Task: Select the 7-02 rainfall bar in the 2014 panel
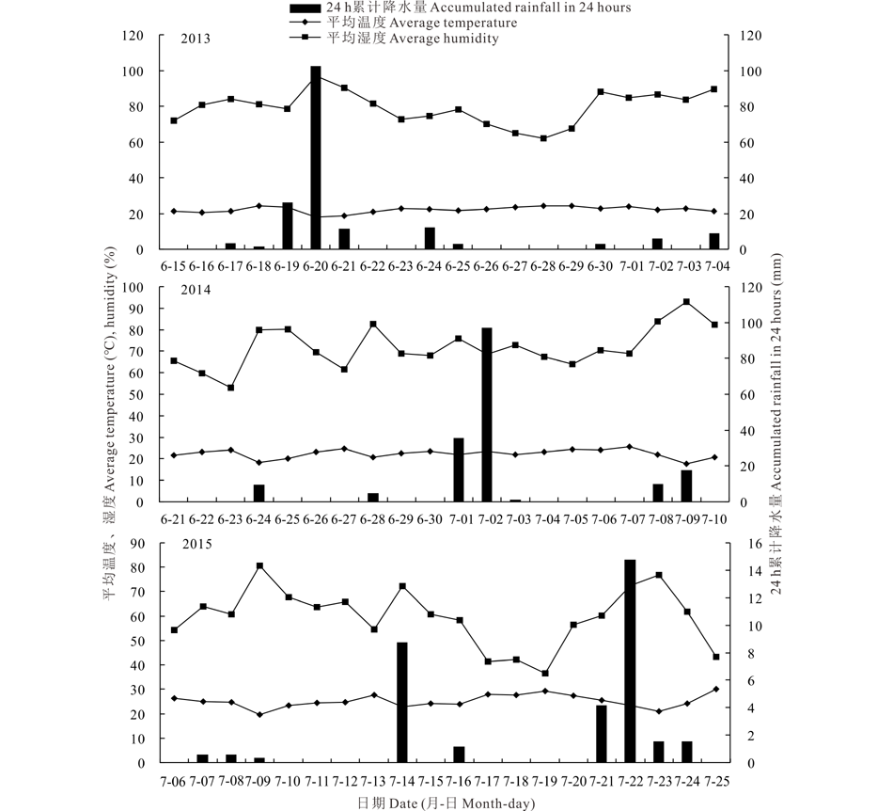click(x=487, y=414)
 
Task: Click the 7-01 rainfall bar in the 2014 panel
click(x=459, y=469)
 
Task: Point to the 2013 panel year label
click(x=196, y=39)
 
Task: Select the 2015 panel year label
click(x=196, y=544)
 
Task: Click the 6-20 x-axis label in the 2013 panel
click(x=316, y=266)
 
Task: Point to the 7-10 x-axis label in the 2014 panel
click(x=714, y=518)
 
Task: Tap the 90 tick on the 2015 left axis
click(x=141, y=543)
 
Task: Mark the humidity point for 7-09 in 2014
click(x=686, y=302)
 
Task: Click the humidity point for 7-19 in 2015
click(x=544, y=673)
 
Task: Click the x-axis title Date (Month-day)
click(x=446, y=803)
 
